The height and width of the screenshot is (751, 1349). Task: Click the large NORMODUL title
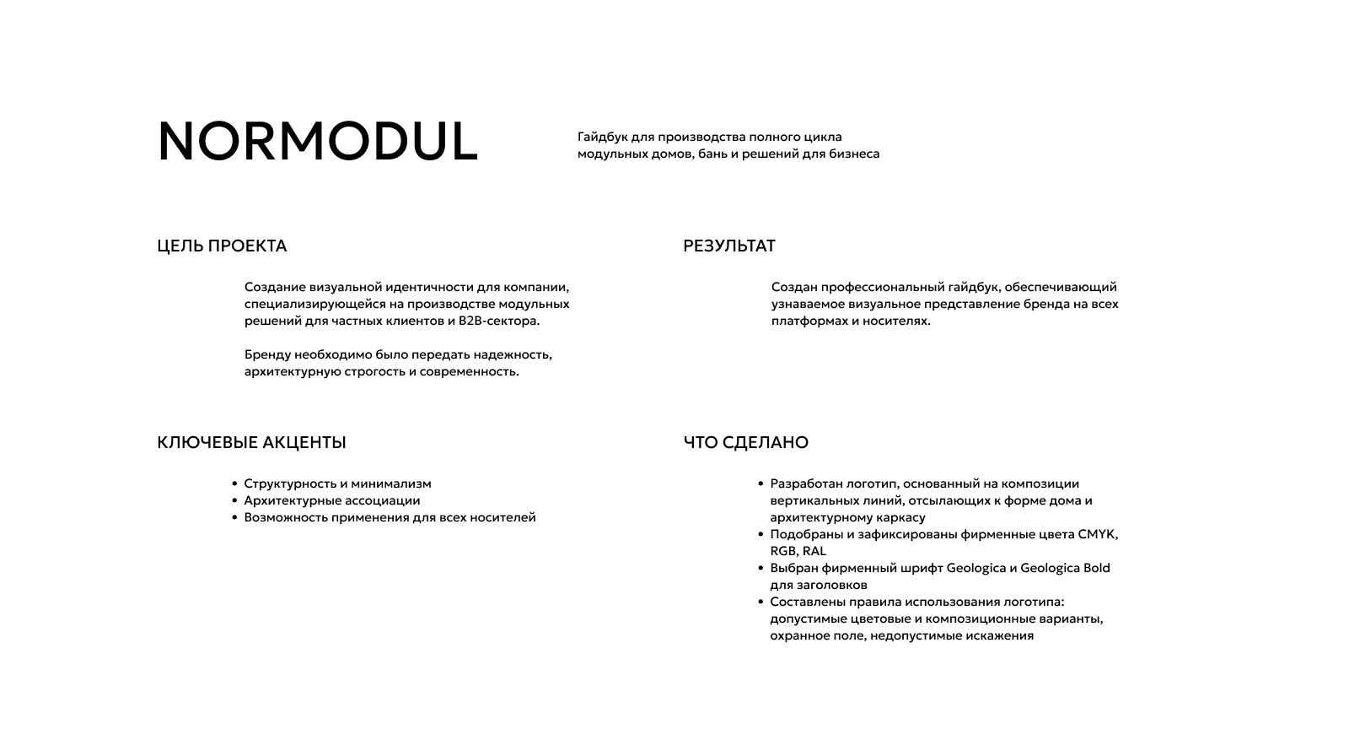pyautogui.click(x=317, y=141)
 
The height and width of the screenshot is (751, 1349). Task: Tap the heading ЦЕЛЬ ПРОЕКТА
pyautogui.click(x=222, y=246)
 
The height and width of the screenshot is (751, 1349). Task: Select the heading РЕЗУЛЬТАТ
pyautogui.click(x=728, y=246)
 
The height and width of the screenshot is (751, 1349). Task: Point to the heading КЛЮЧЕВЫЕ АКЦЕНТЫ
pyautogui.click(x=251, y=443)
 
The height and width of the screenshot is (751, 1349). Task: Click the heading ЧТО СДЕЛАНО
pyautogui.click(x=745, y=443)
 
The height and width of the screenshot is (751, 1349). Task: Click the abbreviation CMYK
pyautogui.click(x=1097, y=534)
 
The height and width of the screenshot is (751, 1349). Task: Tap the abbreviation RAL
pyautogui.click(x=814, y=552)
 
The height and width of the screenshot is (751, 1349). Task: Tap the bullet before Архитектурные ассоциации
pyautogui.click(x=235, y=501)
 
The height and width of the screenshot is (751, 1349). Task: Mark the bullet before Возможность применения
pyautogui.click(x=235, y=518)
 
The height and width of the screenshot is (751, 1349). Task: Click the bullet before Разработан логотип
pyautogui.click(x=761, y=484)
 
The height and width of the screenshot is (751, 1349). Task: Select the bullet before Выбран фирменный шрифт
pyautogui.click(x=761, y=569)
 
